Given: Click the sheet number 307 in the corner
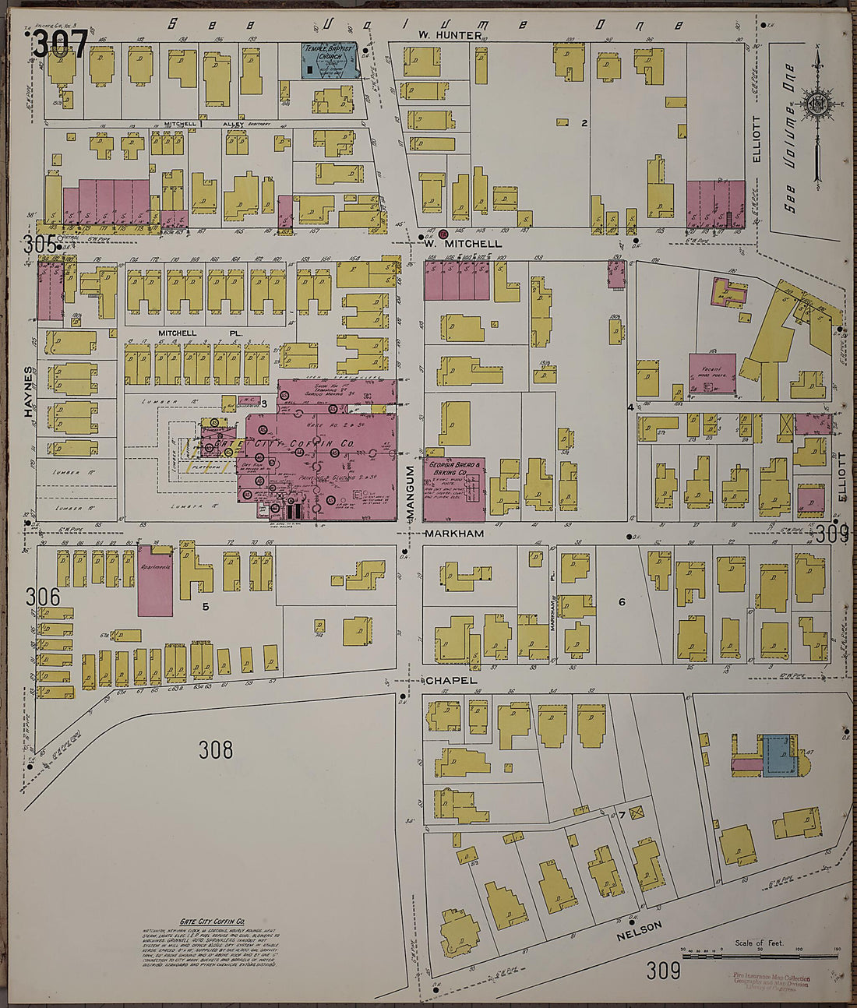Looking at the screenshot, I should (59, 44).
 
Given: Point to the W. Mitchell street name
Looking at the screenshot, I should (463, 243).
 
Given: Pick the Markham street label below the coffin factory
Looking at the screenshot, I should (454, 534).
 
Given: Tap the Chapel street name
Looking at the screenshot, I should (450, 680).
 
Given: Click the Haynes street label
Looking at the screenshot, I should (30, 392).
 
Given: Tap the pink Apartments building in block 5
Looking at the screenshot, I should (155, 580).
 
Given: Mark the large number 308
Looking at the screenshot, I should (216, 749).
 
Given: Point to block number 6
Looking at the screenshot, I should (622, 601).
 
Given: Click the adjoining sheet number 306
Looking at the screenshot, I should (42, 597).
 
